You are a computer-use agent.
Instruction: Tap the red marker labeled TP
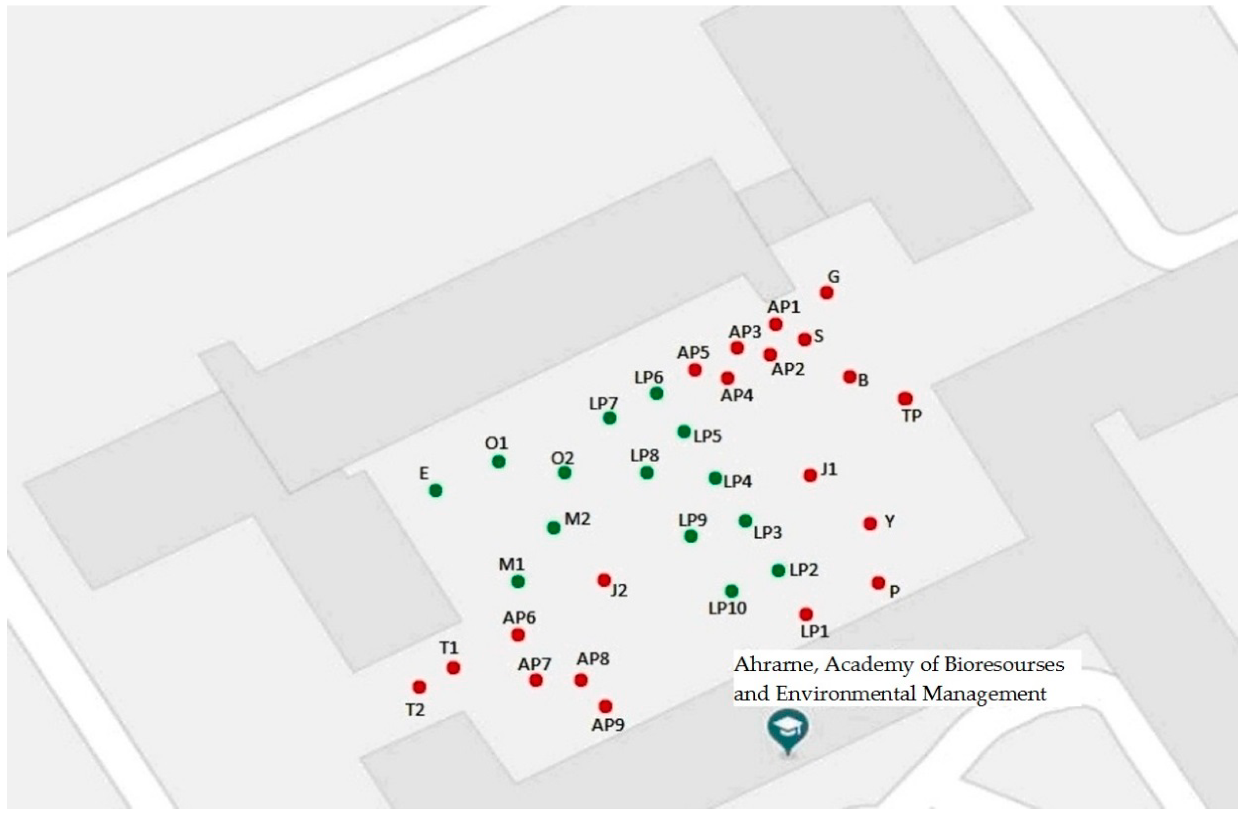pos(905,398)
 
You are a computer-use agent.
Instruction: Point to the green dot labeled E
pos(436,490)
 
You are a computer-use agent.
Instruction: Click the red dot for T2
pos(419,686)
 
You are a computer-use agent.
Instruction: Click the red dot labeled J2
pos(604,579)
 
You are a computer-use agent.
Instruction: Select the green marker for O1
pos(498,462)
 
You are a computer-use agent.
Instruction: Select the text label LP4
pos(738,482)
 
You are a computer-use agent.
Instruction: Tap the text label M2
pos(578,519)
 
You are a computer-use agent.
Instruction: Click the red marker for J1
pos(810,475)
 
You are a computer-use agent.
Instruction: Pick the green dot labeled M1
pos(518,581)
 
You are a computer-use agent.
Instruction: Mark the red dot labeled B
pos(850,376)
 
